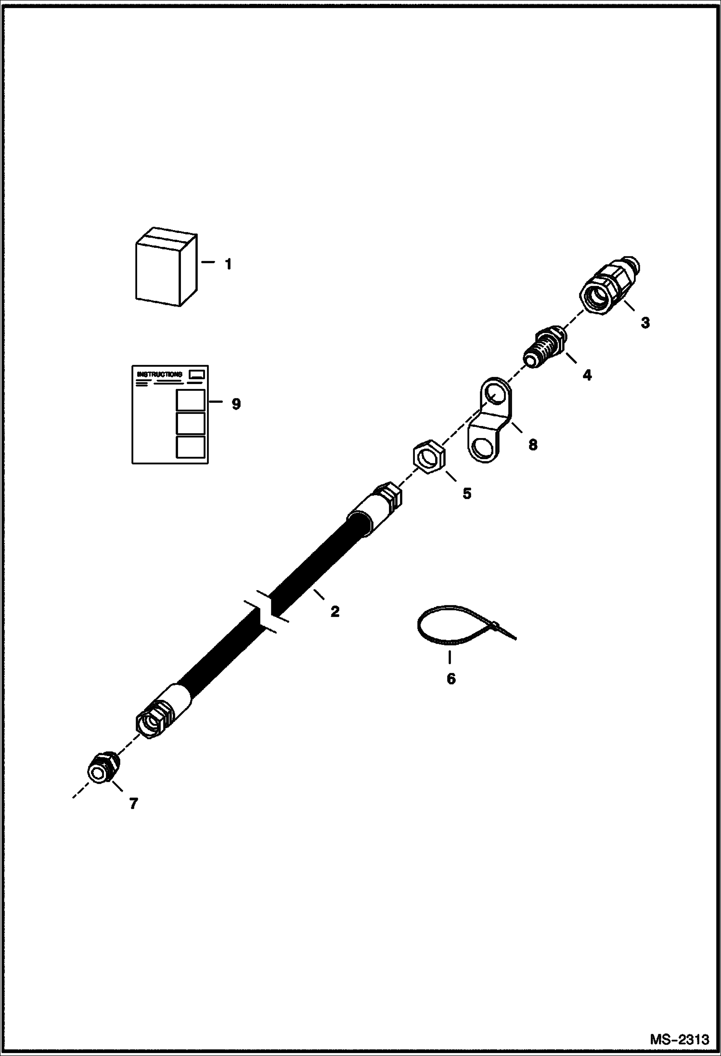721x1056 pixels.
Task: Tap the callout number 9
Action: point(236,403)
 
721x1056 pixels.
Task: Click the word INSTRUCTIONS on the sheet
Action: point(160,374)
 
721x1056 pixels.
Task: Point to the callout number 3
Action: point(645,323)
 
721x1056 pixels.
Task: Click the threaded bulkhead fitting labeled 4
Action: point(544,348)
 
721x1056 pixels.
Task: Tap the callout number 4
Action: point(587,374)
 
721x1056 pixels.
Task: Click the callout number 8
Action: point(532,444)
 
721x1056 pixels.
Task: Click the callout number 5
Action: point(466,493)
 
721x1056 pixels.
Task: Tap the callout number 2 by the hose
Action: point(335,611)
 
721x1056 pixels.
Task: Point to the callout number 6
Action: point(451,679)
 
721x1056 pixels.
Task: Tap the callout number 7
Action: point(133,803)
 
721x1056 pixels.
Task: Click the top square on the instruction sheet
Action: point(191,399)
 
